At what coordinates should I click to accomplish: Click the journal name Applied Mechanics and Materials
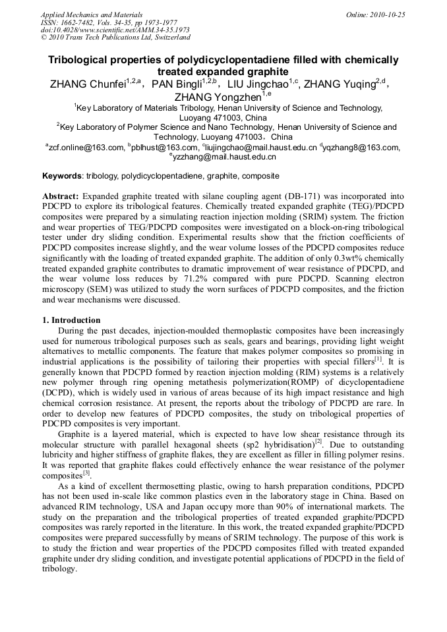pyautogui.click(x=92, y=14)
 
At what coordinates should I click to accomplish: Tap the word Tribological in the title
pyautogui.click(x=81, y=60)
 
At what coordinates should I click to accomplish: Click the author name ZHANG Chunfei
pyautogui.click(x=90, y=84)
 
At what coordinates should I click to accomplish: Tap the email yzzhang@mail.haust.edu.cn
pyautogui.click(x=225, y=158)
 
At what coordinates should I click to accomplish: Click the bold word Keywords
pyautogui.click(x=62, y=176)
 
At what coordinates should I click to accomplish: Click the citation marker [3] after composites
pyautogui.click(x=86, y=473)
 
